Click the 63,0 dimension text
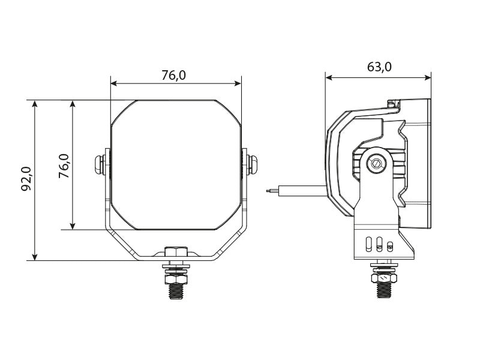379,67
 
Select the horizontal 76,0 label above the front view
174,75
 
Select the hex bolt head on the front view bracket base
176,252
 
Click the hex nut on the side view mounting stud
383,278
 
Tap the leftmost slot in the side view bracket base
367,244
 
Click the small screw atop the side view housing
393,104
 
